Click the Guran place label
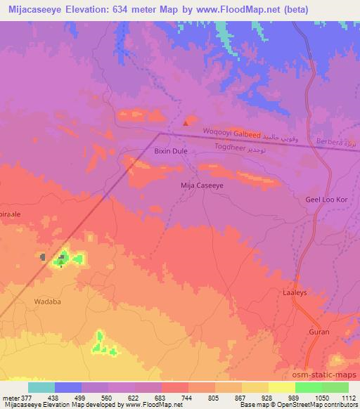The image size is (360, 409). click(x=319, y=330)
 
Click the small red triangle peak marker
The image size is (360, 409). click(x=186, y=123)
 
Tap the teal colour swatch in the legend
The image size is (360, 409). click(x=41, y=387)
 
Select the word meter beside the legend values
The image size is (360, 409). click(x=13, y=398)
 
